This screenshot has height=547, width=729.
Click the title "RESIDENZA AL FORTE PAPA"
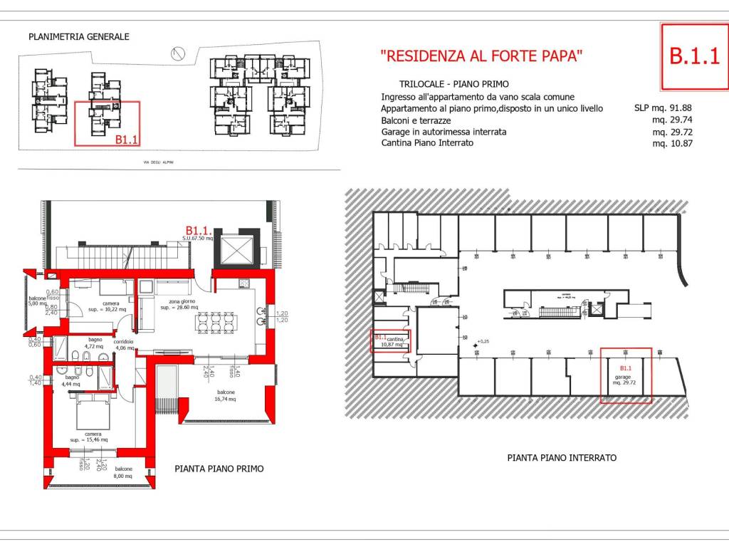482,56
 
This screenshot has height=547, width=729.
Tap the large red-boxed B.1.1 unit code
694,56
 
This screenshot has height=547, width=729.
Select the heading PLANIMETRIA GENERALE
78,36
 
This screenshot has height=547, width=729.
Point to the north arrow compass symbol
178,52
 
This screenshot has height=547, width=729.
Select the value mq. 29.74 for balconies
673,120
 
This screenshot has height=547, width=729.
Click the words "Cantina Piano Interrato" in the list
427,143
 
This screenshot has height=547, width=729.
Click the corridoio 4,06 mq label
135,344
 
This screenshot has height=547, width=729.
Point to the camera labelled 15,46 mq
90,437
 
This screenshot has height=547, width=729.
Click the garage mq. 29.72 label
625,378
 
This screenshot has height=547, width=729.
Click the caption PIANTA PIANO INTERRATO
561,458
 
